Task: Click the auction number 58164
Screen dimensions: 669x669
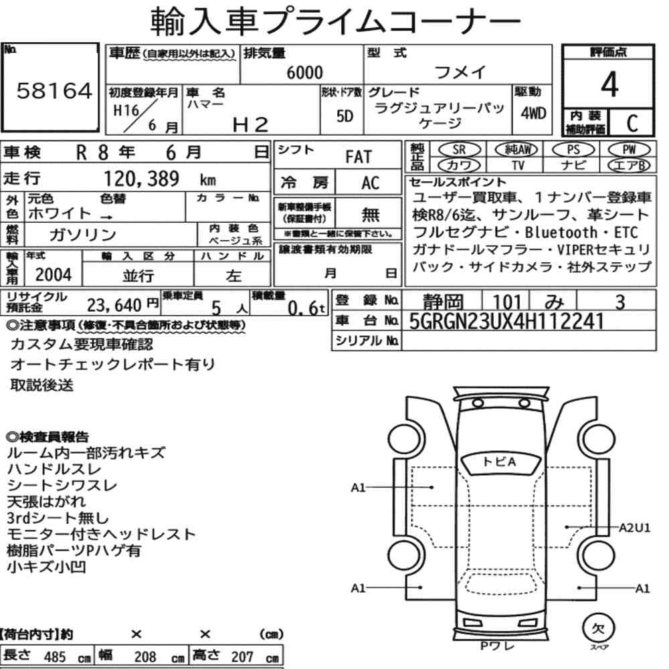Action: (x=54, y=91)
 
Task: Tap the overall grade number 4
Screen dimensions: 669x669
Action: (x=609, y=84)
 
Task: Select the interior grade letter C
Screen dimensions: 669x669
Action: (x=632, y=123)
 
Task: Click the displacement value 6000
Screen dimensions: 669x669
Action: (x=304, y=72)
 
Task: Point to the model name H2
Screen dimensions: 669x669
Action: (x=250, y=125)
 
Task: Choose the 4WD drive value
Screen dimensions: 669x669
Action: (x=533, y=114)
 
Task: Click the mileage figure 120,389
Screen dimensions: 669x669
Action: (x=142, y=179)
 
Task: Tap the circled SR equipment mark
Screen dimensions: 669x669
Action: (x=460, y=149)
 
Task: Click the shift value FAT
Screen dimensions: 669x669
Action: (x=359, y=157)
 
